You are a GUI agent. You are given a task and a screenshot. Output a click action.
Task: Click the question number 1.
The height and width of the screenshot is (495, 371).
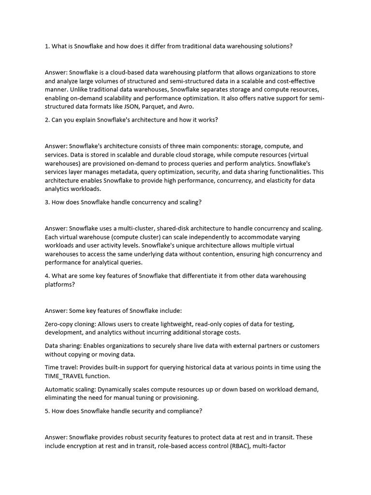tap(47, 46)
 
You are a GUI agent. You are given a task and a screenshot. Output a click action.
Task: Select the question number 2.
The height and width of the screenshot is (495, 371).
tap(47, 119)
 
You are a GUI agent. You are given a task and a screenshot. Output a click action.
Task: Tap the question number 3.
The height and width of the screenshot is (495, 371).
tap(47, 202)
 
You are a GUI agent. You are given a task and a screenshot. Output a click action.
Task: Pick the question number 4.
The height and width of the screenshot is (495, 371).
tap(47, 276)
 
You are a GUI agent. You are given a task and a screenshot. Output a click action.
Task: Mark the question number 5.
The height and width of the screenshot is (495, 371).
tap(47, 411)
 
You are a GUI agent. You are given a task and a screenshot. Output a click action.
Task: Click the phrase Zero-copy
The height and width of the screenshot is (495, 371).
tap(60, 323)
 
